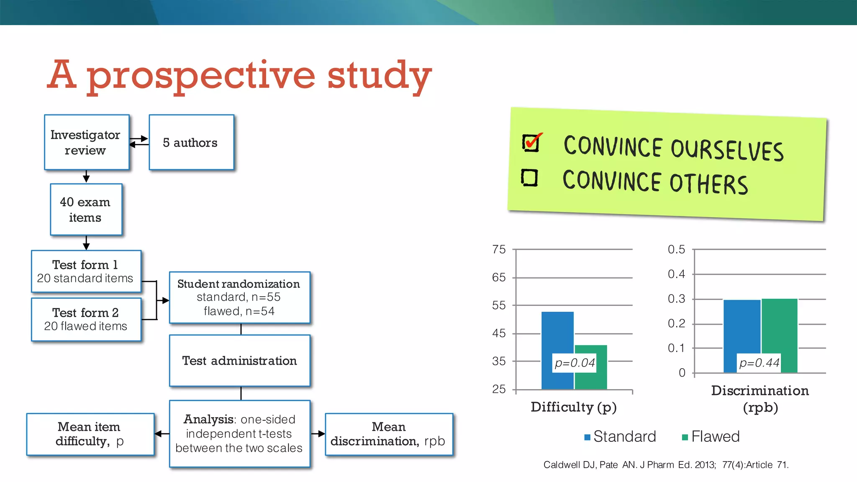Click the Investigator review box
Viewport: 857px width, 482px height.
click(x=87, y=142)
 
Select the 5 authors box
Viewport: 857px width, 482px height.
click(x=191, y=142)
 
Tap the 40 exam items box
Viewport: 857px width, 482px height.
click(x=86, y=210)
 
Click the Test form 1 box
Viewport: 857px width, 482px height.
click(x=86, y=271)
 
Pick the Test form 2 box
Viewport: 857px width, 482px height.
click(x=86, y=319)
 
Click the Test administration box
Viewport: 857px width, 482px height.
click(x=239, y=361)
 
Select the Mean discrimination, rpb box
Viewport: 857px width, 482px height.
click(x=388, y=434)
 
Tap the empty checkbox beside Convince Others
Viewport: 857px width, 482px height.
click(x=529, y=177)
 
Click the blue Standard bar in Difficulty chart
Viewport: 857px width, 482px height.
click(x=557, y=335)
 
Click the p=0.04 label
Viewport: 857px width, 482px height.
click(x=575, y=363)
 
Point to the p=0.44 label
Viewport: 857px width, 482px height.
click(x=759, y=363)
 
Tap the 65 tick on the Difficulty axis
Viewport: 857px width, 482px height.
click(x=499, y=277)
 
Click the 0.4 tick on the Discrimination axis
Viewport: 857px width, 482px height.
click(x=676, y=274)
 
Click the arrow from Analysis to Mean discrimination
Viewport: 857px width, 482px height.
click(x=318, y=434)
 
